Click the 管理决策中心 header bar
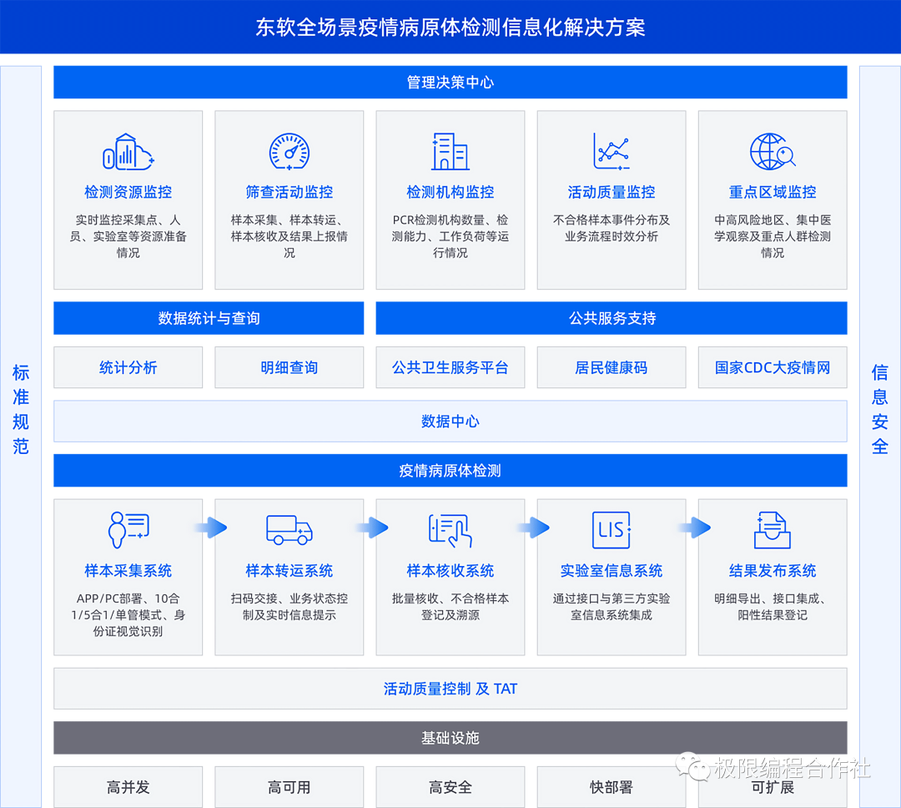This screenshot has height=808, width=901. (450, 83)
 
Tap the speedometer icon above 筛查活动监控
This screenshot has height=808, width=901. (289, 152)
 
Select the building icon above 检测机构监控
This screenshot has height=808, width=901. (450, 152)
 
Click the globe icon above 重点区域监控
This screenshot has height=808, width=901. (772, 152)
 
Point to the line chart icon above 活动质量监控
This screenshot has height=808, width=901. (612, 152)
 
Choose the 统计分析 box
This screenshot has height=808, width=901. (128, 367)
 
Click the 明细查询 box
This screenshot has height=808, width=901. (289, 367)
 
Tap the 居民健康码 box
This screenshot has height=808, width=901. (612, 367)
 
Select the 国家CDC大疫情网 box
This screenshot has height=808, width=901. (773, 367)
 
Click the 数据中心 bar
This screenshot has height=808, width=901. (450, 422)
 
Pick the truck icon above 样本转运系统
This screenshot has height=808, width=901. (289, 529)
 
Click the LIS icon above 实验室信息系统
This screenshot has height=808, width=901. (612, 529)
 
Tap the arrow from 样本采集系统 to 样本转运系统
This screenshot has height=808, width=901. (209, 528)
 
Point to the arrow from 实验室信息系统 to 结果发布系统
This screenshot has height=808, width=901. (693, 528)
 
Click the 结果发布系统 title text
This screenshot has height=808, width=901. (773, 571)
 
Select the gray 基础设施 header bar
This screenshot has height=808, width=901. (450, 738)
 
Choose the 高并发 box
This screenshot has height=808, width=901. (128, 787)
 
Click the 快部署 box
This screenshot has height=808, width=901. (612, 787)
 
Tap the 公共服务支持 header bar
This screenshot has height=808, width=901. (612, 318)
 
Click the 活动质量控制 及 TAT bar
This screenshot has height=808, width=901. (450, 689)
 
